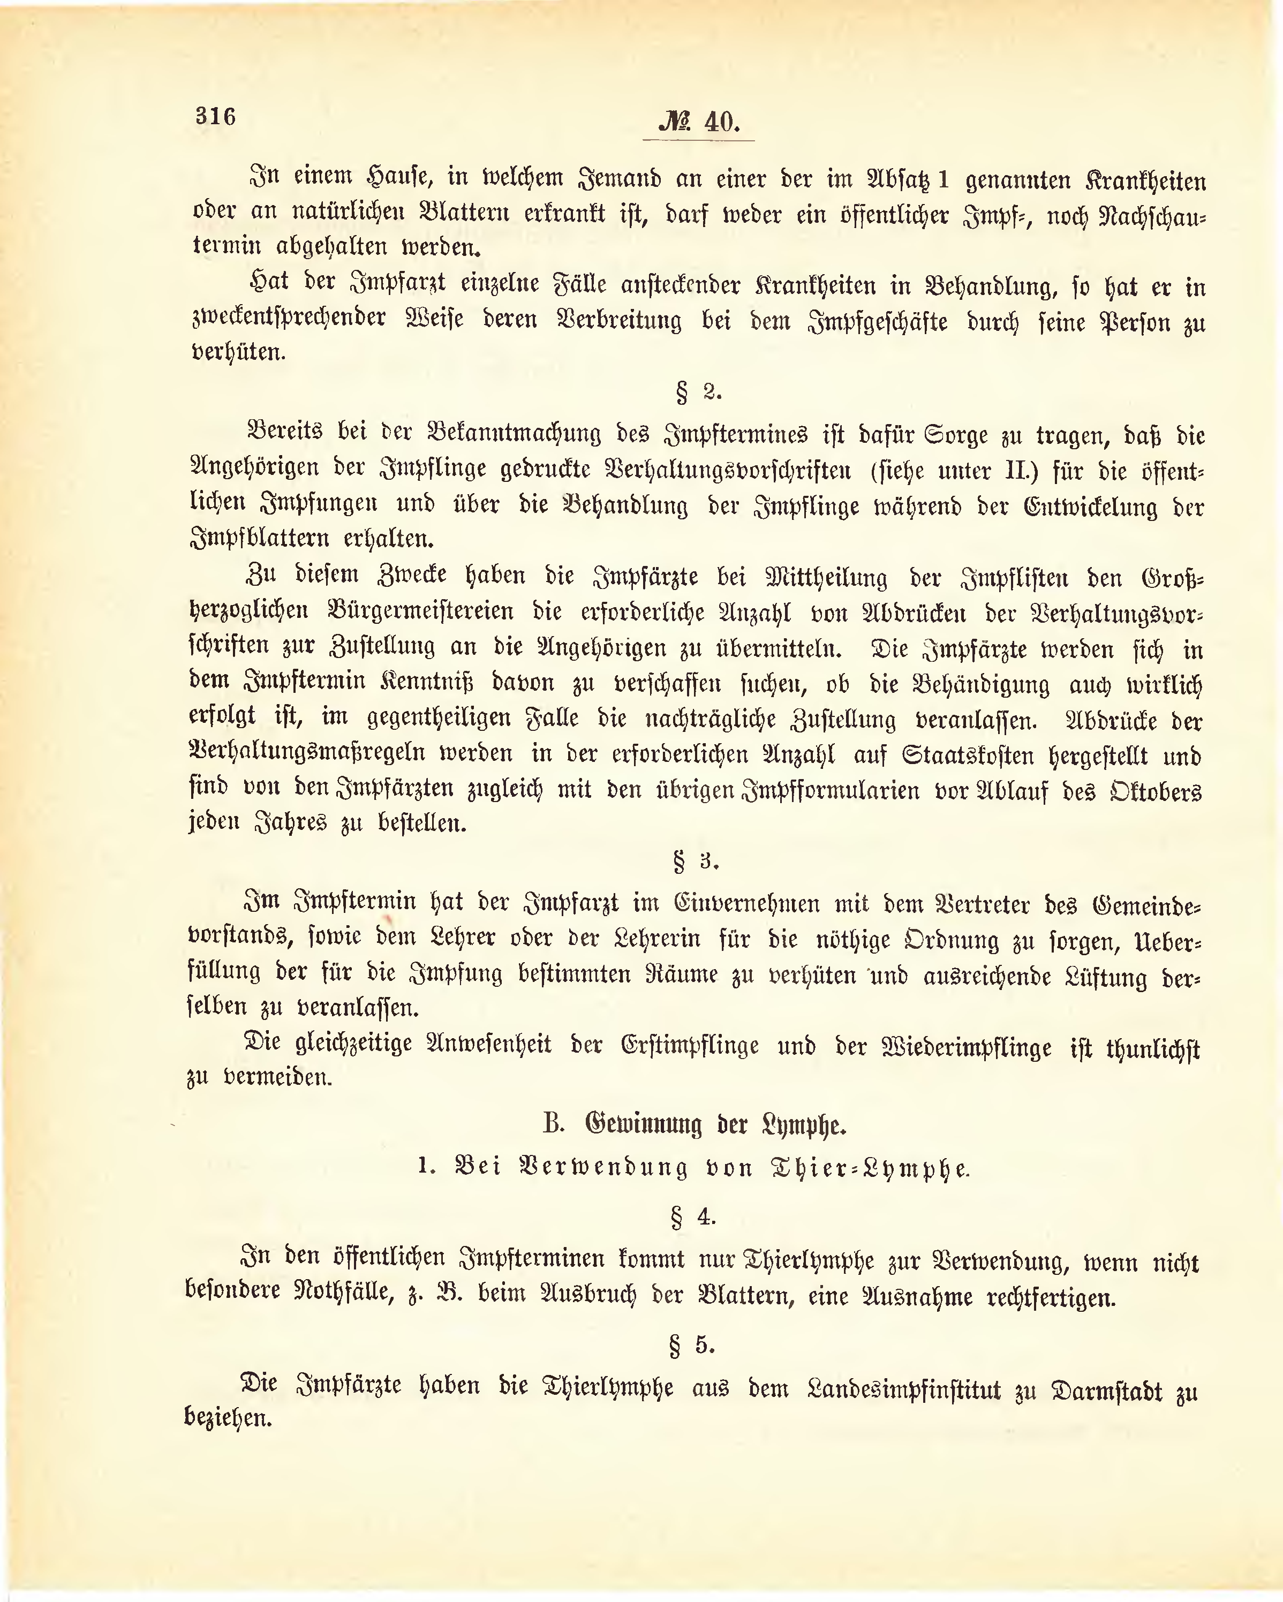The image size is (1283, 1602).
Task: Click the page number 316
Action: click(215, 117)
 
